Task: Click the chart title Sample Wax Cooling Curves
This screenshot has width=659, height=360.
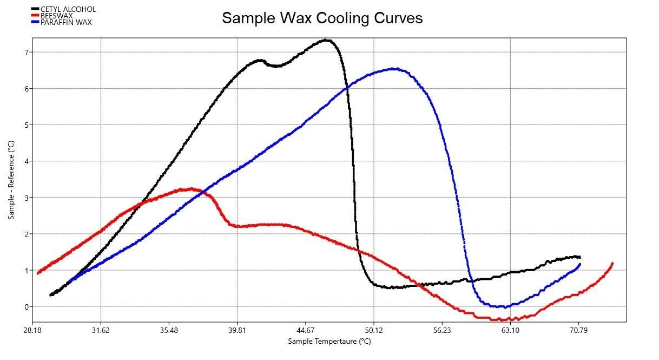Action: click(x=322, y=18)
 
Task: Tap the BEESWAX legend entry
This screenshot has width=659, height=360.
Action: click(x=56, y=16)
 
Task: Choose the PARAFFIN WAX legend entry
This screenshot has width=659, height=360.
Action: click(x=66, y=22)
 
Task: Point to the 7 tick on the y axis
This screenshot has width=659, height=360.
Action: click(x=25, y=52)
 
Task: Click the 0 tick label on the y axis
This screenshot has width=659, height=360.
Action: click(x=25, y=306)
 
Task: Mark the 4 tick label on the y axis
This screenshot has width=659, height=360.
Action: click(x=25, y=161)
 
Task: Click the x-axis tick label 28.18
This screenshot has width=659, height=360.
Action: click(x=32, y=330)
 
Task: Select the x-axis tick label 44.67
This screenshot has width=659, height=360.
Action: click(x=305, y=330)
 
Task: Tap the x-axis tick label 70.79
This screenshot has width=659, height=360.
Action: click(x=578, y=330)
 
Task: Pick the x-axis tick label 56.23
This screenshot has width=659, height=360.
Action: click(x=441, y=330)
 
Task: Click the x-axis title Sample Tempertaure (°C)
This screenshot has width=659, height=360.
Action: click(x=329, y=341)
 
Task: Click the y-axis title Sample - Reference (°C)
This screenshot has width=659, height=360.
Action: click(x=11, y=180)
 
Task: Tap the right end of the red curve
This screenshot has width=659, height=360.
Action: click(x=612, y=263)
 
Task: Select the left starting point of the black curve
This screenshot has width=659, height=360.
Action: click(x=51, y=295)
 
